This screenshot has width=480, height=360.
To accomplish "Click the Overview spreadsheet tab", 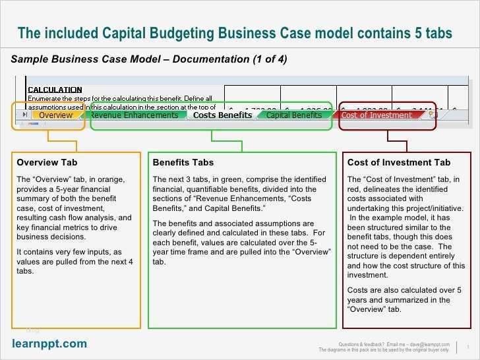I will [55, 115].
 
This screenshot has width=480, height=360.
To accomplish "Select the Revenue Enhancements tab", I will [134, 115].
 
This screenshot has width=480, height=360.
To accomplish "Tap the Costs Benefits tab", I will [222, 115].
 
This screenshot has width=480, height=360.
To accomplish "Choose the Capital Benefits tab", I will [293, 115].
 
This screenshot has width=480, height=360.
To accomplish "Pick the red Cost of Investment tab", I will [376, 115].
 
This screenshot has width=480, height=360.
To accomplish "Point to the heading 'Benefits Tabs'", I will [183, 162].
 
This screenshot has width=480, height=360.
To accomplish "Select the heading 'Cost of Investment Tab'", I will [398, 162].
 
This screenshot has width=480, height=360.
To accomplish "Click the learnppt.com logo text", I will [49, 344].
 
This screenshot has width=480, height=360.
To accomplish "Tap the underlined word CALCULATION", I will [55, 90].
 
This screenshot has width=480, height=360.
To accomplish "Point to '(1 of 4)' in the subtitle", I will [270, 59].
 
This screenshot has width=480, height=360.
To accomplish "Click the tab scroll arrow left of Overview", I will [24, 115].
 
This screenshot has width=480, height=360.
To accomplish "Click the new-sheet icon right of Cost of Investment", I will [433, 114].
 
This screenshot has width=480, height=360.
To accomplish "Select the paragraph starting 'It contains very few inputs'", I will [74, 261].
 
